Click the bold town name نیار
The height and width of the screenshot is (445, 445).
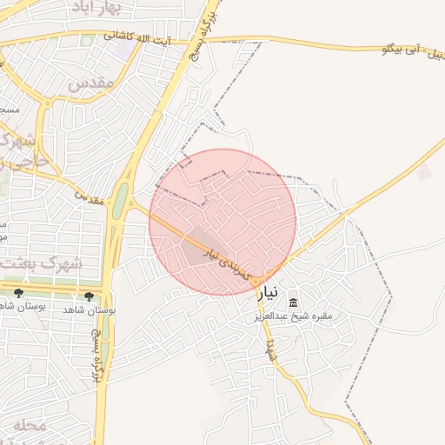(x=270, y=294)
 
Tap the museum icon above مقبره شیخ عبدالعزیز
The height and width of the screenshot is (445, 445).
(x=293, y=302)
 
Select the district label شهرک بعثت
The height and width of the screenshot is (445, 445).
(x=39, y=262)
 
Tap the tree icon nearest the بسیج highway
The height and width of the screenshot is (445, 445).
(x=89, y=296)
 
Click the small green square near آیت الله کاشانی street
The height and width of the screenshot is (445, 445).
(x=86, y=40)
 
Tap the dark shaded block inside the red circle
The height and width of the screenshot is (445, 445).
(x=198, y=248)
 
